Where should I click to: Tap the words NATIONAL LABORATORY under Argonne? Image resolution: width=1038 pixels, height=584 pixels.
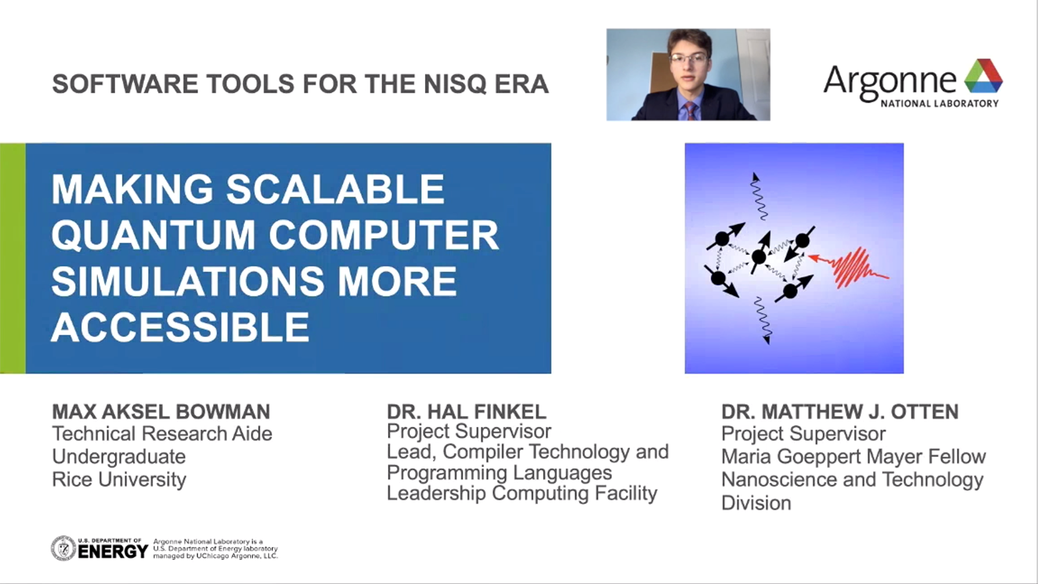click(939, 103)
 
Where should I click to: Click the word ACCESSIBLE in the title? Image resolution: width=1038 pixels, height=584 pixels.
click(180, 327)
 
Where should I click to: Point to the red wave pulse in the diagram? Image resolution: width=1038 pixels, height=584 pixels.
click(849, 267)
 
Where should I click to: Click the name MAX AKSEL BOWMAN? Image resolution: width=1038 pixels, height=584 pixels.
click(161, 411)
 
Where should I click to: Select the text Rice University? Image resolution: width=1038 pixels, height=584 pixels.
click(119, 480)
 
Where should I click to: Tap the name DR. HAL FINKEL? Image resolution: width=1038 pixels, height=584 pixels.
click(466, 411)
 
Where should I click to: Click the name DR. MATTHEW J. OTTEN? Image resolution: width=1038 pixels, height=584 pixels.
click(839, 411)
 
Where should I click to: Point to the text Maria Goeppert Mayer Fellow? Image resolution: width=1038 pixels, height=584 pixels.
click(854, 457)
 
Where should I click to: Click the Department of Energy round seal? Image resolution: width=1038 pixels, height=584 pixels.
click(64, 548)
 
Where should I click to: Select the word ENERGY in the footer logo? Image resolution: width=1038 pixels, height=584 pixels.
click(113, 552)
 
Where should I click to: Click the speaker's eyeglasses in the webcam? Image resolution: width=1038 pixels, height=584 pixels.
click(689, 59)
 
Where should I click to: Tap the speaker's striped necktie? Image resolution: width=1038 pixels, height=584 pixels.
click(691, 111)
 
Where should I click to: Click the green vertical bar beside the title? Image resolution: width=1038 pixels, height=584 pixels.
click(12, 258)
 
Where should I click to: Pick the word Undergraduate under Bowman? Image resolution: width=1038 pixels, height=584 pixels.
click(119, 457)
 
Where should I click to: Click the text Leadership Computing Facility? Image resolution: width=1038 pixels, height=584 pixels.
click(522, 493)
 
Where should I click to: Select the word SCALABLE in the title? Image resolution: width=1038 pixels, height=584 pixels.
click(335, 189)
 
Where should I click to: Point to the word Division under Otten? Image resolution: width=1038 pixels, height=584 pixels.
click(756, 503)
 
